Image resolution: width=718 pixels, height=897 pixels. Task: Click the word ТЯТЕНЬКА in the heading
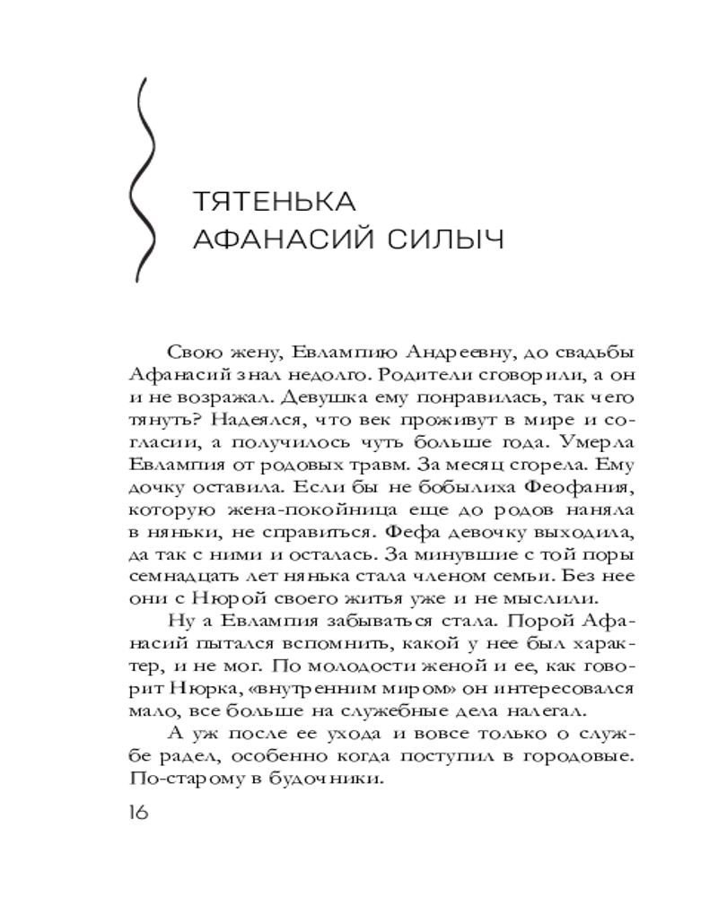[x=275, y=198]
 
